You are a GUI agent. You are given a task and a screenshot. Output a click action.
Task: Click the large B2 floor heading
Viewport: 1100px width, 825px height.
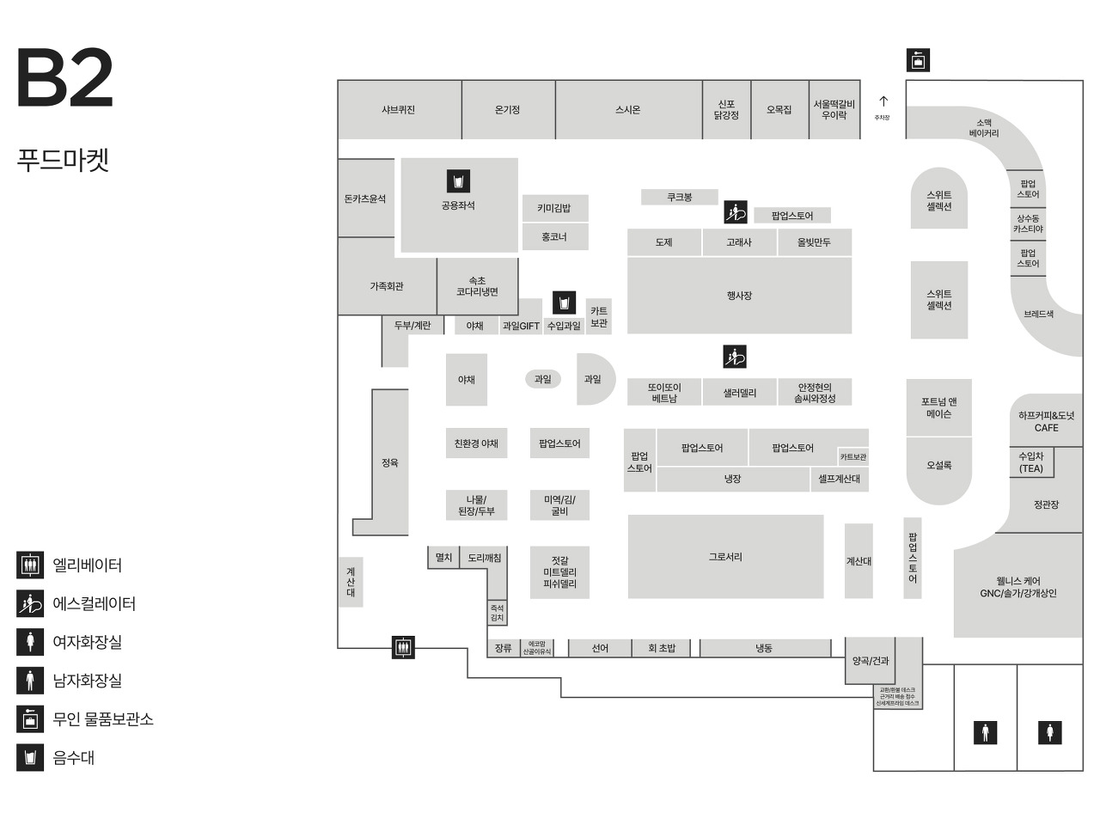[65, 78]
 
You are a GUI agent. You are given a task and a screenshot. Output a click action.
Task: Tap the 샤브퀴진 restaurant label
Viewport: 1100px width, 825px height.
[399, 110]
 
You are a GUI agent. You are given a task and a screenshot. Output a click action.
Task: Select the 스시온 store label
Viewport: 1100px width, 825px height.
[628, 110]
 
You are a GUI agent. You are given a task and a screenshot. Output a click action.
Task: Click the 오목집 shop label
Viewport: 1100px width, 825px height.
[779, 110]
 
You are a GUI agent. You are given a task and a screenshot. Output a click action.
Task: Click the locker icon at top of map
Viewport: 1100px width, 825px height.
[918, 60]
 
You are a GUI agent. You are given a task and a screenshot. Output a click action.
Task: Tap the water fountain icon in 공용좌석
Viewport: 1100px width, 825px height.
[458, 181]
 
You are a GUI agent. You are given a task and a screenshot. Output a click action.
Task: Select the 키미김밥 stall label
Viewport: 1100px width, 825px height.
[554, 208]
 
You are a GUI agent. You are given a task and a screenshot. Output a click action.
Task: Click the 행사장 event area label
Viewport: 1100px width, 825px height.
[739, 296]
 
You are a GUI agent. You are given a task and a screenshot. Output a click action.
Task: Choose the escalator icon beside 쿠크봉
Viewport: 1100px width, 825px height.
[735, 211]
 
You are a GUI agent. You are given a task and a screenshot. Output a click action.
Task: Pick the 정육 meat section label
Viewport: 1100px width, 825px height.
[390, 462]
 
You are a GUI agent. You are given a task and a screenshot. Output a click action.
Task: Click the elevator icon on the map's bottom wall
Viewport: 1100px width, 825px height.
[403, 647]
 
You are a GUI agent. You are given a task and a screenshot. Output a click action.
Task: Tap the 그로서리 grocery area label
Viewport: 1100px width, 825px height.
[725, 557]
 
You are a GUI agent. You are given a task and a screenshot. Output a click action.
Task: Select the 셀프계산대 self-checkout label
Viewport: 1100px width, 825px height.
[840, 479]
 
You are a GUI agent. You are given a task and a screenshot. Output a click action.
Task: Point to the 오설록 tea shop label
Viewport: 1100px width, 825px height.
[938, 465]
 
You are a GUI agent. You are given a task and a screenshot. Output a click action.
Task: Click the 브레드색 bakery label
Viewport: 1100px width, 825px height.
[1038, 315]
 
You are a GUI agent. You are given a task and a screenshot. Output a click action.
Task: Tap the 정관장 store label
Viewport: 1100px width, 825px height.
[1046, 505]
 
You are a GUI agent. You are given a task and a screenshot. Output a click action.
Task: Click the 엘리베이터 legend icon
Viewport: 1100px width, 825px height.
[30, 565]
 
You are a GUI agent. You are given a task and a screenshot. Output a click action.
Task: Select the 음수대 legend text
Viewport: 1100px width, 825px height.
[74, 758]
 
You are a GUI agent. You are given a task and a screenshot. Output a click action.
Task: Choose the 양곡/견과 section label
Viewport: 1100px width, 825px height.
[871, 661]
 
